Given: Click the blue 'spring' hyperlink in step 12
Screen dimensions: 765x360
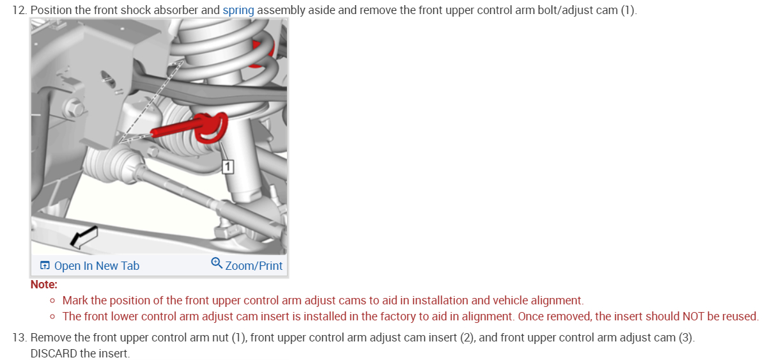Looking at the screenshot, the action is click(x=238, y=11).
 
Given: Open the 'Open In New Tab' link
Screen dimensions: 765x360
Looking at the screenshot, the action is click(x=97, y=266).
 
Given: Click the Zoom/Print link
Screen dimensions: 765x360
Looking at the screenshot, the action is click(x=254, y=265).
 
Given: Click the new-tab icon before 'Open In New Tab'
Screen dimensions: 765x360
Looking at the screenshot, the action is click(x=45, y=266).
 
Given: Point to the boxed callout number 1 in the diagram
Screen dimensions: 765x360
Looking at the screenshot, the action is click(x=228, y=167).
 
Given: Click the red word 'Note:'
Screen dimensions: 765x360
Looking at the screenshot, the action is click(x=44, y=285).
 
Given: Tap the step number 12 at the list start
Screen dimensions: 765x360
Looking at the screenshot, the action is click(x=19, y=11).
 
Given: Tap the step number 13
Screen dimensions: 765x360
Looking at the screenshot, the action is click(x=19, y=337).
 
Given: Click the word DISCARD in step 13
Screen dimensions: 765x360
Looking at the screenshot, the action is click(x=54, y=353).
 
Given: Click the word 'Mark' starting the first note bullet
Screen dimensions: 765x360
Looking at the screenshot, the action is click(x=75, y=301).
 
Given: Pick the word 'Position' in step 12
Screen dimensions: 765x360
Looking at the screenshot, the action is click(x=52, y=11).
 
